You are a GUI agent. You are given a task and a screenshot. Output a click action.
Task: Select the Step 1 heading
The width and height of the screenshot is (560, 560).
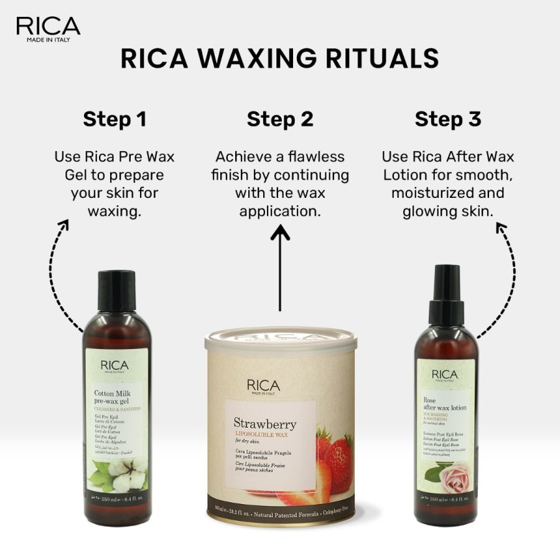point(114,119)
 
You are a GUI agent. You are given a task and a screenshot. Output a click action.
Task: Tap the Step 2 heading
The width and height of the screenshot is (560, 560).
point(280,119)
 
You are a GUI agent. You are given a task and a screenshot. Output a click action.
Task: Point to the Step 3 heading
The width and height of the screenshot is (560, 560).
point(448,119)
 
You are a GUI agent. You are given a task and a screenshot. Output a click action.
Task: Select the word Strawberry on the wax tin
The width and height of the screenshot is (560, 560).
point(264,424)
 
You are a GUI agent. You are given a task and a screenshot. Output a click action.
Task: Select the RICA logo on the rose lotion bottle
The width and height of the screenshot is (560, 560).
point(445,375)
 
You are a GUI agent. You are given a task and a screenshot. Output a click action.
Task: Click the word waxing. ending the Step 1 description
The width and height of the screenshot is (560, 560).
point(114,211)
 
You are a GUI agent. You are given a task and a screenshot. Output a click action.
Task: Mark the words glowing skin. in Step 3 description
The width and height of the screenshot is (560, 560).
point(448,211)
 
